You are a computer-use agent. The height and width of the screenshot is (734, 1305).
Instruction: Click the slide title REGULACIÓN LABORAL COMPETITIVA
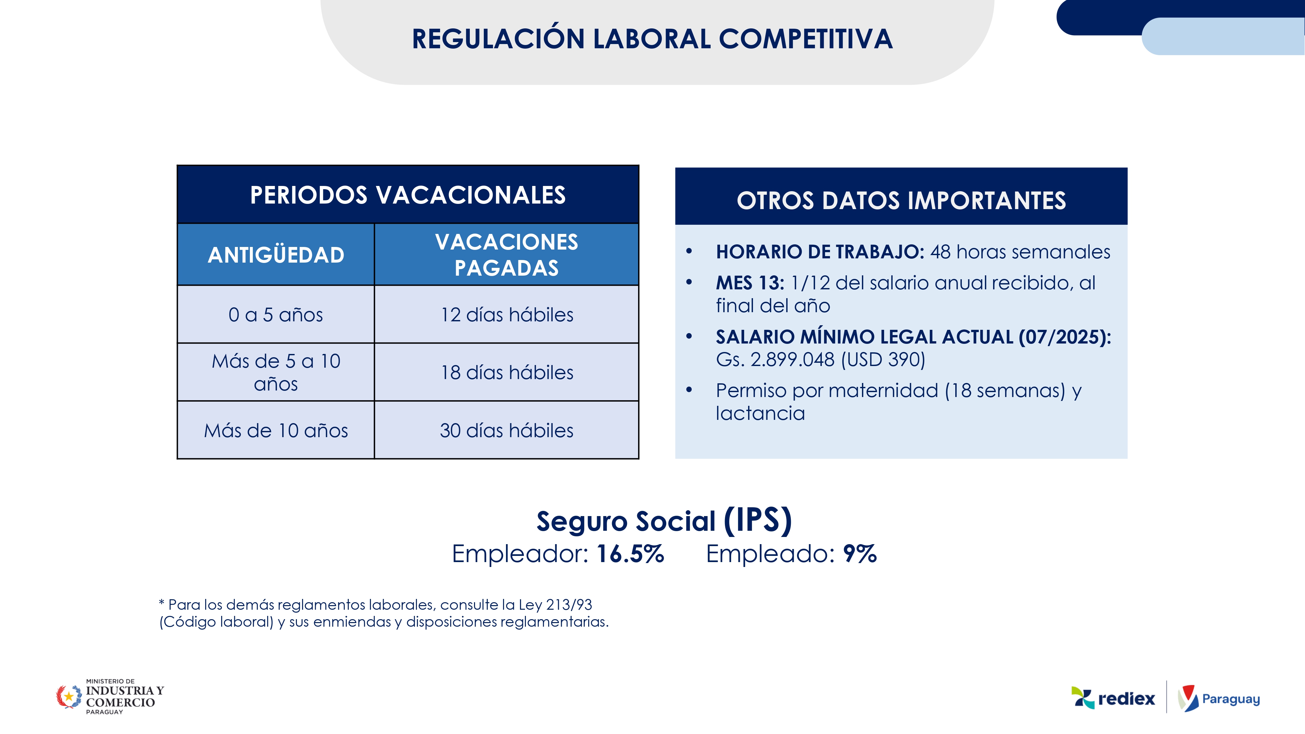pos(652,39)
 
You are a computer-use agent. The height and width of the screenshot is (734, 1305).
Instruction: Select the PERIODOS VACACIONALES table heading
pos(408,195)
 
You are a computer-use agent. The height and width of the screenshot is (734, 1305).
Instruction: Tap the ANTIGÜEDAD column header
pos(276,254)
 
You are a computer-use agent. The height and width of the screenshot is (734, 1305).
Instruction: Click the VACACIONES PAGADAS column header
pos(507,254)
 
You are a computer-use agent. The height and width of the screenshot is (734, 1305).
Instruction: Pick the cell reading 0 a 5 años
pos(276,314)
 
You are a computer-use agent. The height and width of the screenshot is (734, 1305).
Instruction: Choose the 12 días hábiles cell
pos(507,314)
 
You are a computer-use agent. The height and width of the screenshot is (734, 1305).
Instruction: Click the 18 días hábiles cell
pos(507,372)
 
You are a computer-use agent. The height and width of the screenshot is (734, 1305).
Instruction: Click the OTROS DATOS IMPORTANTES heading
pos(901,201)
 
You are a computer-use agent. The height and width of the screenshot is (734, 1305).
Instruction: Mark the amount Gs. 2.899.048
pos(775,359)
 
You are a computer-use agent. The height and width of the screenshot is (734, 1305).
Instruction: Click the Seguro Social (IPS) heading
pos(664,521)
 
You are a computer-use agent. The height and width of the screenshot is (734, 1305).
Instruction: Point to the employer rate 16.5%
pos(630,554)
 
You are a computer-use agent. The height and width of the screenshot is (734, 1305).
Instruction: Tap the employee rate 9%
pos(860,554)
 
